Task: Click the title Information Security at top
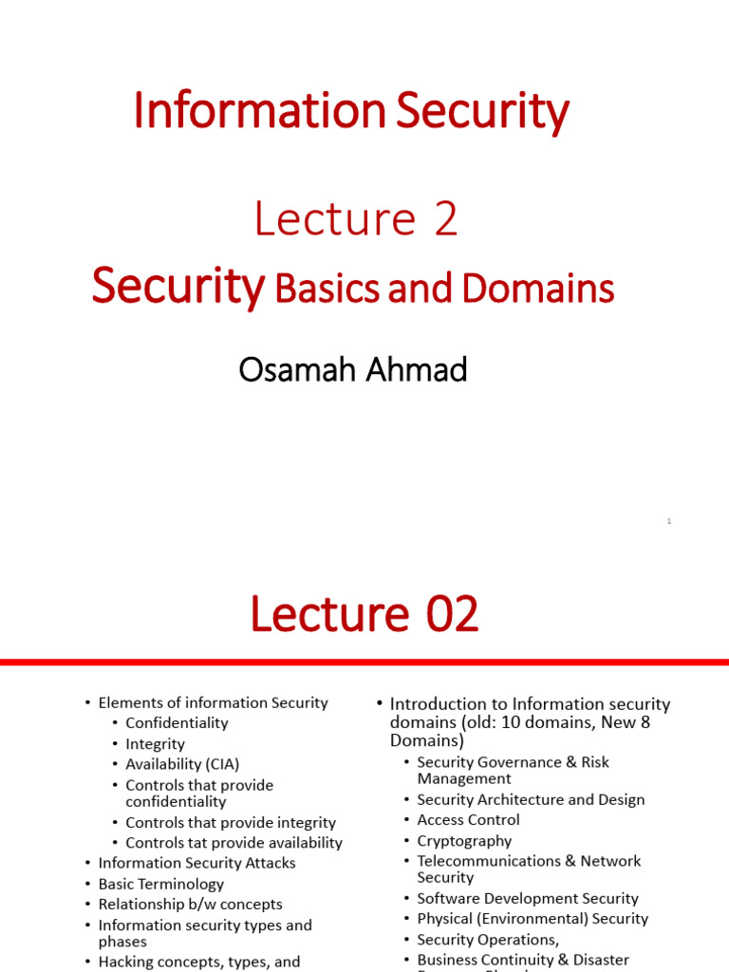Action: (x=351, y=112)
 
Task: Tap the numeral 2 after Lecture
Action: (x=445, y=219)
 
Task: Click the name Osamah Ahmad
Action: (x=353, y=369)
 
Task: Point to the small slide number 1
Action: (x=669, y=521)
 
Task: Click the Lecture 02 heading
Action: (x=364, y=616)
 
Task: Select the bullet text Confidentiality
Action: (x=177, y=723)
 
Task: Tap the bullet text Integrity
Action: (x=155, y=744)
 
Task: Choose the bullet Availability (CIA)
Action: (x=182, y=764)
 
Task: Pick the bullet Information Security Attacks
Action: (x=196, y=863)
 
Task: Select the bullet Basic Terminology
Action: (x=161, y=884)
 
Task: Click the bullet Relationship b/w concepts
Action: (x=190, y=905)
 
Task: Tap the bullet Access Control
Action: (x=468, y=820)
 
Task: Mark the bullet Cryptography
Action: (x=464, y=841)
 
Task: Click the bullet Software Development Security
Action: (x=528, y=898)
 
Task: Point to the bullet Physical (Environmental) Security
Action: (x=533, y=919)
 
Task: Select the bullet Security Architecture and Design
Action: (x=531, y=800)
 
